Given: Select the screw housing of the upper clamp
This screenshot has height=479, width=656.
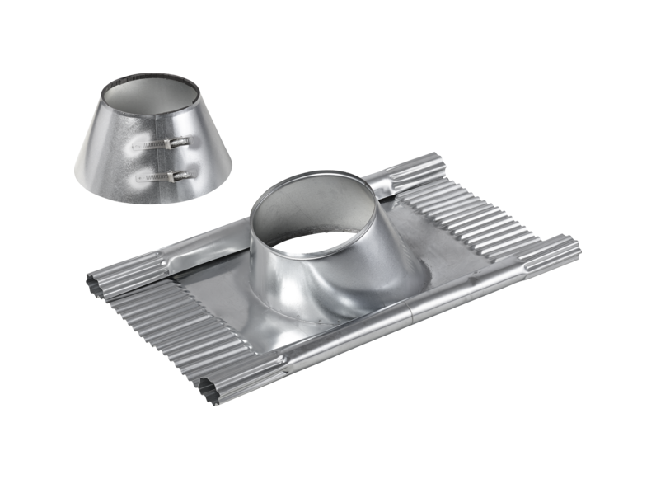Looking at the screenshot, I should [x=179, y=144].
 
